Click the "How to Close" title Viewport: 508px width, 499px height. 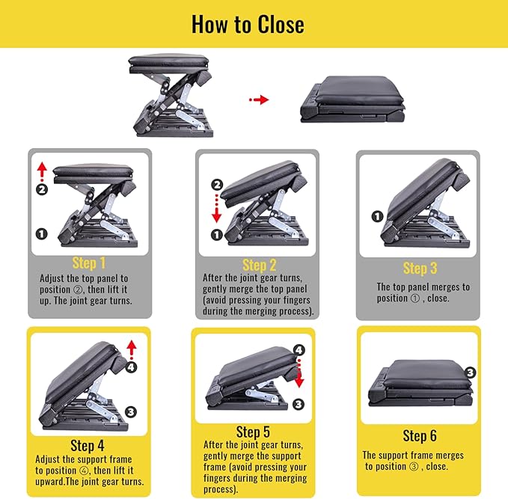pyautogui.click(x=248, y=24)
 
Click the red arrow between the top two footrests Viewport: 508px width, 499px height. pyautogui.click(x=258, y=100)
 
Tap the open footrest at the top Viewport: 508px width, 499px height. pyautogui.click(x=171, y=96)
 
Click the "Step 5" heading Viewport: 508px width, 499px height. pyautogui.click(x=253, y=432)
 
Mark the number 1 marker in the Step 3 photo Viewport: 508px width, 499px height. pyautogui.click(x=378, y=216)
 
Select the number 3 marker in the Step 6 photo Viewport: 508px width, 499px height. pyautogui.click(x=470, y=372)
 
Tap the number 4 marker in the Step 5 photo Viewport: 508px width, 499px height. pyautogui.click(x=299, y=349)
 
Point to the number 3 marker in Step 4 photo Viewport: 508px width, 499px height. pyautogui.click(x=131, y=411)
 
